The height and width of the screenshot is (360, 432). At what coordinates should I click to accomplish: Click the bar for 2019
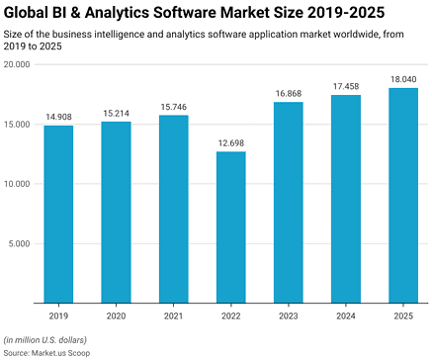point(58,214)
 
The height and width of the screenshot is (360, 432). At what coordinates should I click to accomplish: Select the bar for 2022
point(230,226)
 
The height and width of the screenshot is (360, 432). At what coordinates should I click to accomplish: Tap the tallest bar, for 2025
point(402,195)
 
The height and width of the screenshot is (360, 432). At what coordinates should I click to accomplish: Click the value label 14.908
point(58,118)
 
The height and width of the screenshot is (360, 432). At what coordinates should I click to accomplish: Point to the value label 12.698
point(230,143)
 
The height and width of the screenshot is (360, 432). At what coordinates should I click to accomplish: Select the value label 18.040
point(402,80)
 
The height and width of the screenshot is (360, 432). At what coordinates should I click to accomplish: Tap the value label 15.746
point(173,108)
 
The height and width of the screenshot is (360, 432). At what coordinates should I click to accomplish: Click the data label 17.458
point(345,87)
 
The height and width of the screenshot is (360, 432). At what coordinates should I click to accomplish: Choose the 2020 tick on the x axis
point(116,315)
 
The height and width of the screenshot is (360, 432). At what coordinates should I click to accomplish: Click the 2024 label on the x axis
point(345,315)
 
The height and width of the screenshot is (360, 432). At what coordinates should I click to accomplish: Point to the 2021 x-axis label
point(173,315)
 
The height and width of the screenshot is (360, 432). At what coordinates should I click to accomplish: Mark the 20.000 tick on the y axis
point(18,64)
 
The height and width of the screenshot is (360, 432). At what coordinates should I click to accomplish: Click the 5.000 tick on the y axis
point(20,243)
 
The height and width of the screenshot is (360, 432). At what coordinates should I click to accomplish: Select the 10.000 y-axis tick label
point(18,184)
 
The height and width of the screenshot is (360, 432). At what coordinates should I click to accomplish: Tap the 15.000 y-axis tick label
point(18,124)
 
